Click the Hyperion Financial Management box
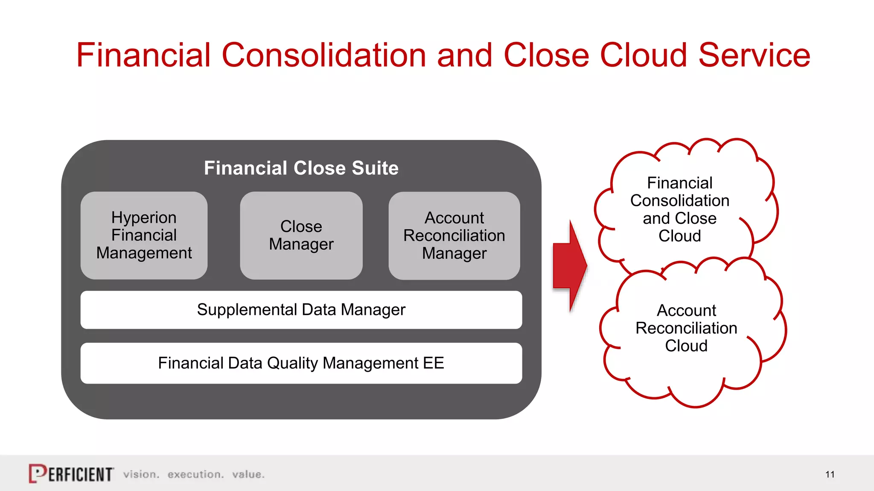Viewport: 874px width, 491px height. point(144,235)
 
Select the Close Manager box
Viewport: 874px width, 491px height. point(301,235)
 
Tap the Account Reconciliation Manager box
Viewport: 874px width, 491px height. point(454,235)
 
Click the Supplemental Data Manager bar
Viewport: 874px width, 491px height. point(301,310)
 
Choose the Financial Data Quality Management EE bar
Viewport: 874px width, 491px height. point(301,363)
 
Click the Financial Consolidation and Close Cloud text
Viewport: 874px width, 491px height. point(680,209)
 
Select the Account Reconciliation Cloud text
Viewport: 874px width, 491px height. point(686,328)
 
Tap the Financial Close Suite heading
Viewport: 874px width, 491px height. point(301,168)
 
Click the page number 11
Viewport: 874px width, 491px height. point(830,474)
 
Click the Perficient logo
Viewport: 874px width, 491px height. point(71,474)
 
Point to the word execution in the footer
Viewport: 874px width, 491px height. point(195,474)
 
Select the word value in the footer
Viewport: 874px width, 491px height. point(248,474)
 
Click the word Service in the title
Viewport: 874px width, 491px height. point(754,55)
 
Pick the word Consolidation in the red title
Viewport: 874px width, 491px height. point(324,55)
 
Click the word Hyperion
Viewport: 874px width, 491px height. point(144,218)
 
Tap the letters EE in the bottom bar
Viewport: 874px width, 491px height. point(434,363)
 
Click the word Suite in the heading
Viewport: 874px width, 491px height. point(375,168)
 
